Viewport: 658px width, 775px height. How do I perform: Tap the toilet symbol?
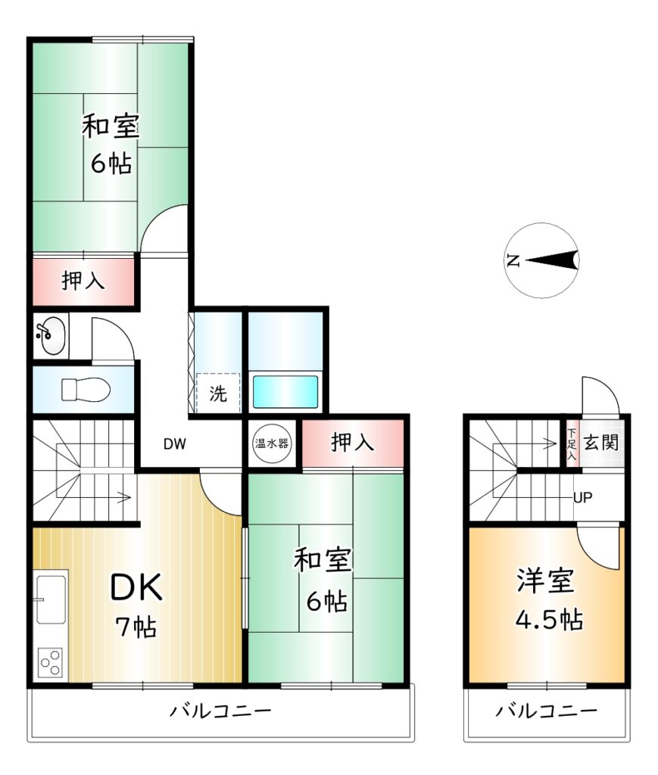(85, 390)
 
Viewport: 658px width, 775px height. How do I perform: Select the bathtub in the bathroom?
(285, 392)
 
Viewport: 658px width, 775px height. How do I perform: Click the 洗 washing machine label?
(218, 394)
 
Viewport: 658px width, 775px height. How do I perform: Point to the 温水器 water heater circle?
(271, 444)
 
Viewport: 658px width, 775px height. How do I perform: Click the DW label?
(175, 444)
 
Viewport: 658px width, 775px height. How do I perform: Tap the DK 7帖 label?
(136, 606)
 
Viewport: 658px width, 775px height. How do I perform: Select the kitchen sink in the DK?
(51, 599)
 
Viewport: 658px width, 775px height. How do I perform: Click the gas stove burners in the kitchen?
(51, 663)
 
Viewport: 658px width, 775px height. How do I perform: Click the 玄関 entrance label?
(601, 442)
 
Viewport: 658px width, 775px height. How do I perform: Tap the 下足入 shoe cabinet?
(572, 444)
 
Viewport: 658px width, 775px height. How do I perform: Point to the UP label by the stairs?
(582, 497)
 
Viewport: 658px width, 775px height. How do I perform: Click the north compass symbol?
(542, 260)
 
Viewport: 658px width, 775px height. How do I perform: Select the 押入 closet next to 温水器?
(353, 442)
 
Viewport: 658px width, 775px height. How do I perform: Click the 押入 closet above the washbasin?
(83, 281)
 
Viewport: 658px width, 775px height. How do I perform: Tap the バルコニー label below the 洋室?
(546, 711)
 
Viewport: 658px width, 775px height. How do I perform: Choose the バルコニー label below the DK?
(221, 711)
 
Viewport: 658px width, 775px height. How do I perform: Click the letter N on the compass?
(513, 260)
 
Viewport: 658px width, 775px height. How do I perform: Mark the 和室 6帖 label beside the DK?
(323, 580)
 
